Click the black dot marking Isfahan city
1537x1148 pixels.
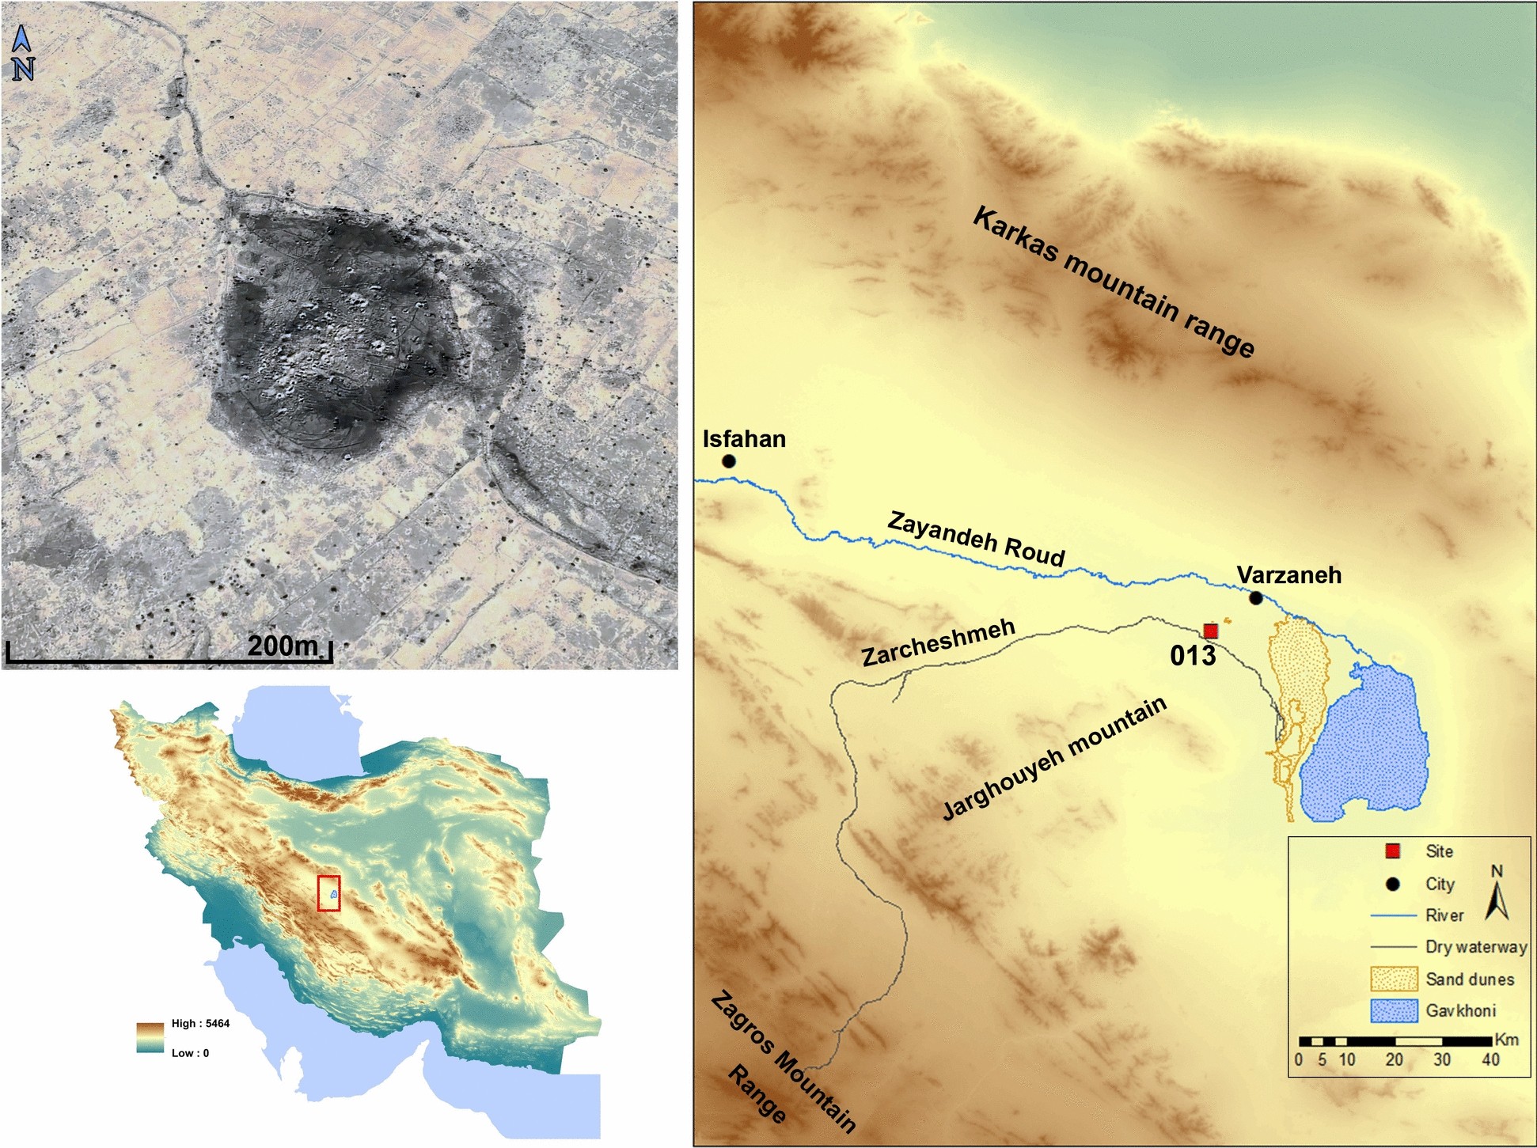click(x=729, y=461)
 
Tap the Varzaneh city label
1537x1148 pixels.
click(x=1288, y=575)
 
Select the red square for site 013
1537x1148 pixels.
click(x=1210, y=631)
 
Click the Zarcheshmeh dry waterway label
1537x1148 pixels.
click(x=938, y=643)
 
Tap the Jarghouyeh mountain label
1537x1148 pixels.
click(x=1054, y=759)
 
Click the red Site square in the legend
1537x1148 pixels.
click(x=1393, y=851)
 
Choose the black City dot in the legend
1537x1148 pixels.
click(x=1393, y=884)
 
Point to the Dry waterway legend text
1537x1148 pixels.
click(x=1476, y=947)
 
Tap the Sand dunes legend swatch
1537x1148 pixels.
click(x=1393, y=979)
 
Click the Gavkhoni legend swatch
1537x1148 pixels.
click(x=1393, y=1011)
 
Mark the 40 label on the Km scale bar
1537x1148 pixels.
click(x=1490, y=1060)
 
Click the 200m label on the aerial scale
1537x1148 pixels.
click(x=283, y=646)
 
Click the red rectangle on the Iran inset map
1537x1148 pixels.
click(x=328, y=893)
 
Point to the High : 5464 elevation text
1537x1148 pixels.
click(x=200, y=1023)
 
